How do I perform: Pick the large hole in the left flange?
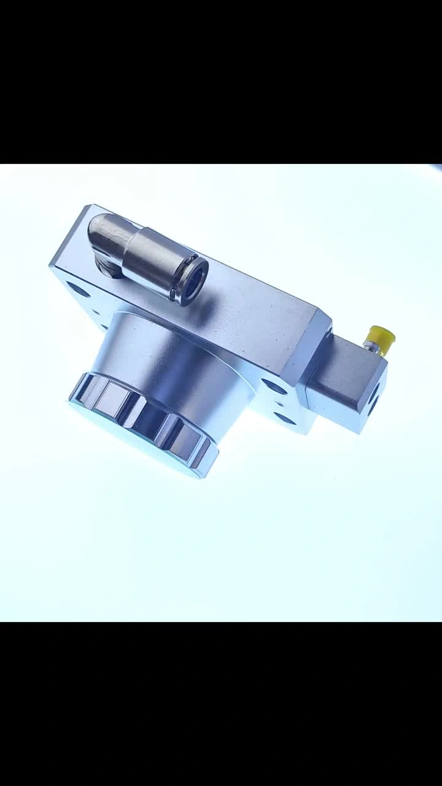pyautogui.click(x=77, y=287)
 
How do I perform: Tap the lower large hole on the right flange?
pyautogui.click(x=284, y=419)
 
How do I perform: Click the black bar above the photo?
pyautogui.click(x=221, y=80)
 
